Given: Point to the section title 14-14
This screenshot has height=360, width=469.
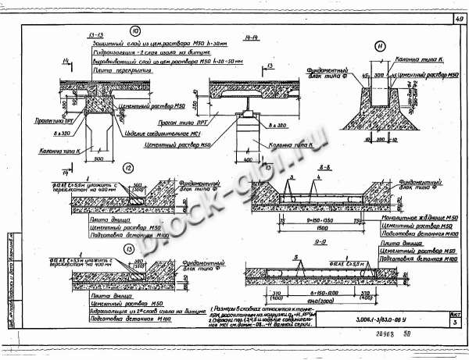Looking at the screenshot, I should pos(252,37).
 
